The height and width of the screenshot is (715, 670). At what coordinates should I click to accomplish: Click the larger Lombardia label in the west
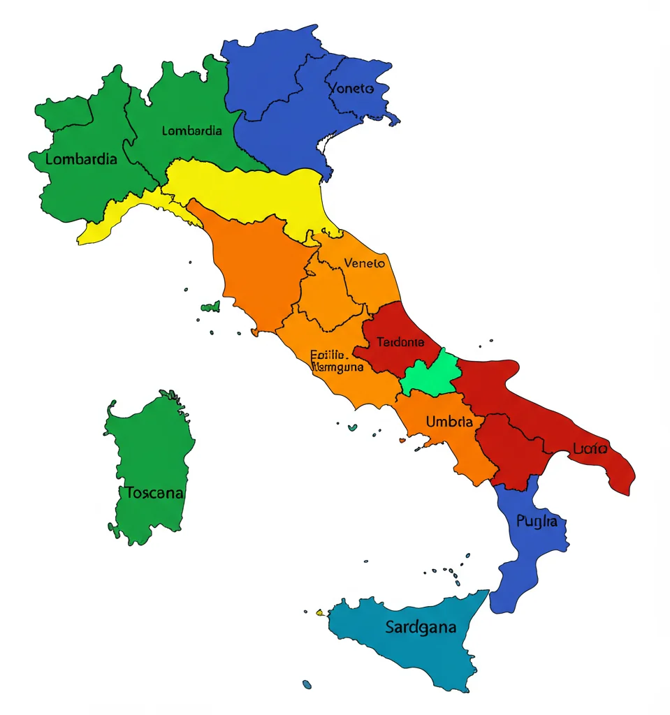tap(81, 159)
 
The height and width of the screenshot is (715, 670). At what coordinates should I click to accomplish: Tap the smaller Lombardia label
tap(191, 131)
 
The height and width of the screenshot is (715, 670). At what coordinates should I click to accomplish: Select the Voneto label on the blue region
tap(351, 89)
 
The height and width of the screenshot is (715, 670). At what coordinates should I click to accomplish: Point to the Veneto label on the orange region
tap(365, 263)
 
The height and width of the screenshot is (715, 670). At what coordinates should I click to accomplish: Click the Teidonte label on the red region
tap(400, 342)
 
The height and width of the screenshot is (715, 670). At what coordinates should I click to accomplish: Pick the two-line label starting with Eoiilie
tap(336, 360)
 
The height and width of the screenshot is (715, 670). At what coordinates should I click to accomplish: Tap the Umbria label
tap(449, 422)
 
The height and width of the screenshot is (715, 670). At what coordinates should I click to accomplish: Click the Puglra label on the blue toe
tap(537, 521)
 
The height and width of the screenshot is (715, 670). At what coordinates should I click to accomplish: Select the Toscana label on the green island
tap(155, 493)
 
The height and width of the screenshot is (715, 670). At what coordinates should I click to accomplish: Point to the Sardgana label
tap(421, 627)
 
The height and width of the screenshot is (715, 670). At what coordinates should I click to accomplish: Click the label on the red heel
tap(589, 449)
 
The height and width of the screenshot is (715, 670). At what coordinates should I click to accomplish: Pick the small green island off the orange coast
tap(210, 307)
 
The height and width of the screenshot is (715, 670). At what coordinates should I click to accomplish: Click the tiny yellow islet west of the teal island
tap(320, 612)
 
